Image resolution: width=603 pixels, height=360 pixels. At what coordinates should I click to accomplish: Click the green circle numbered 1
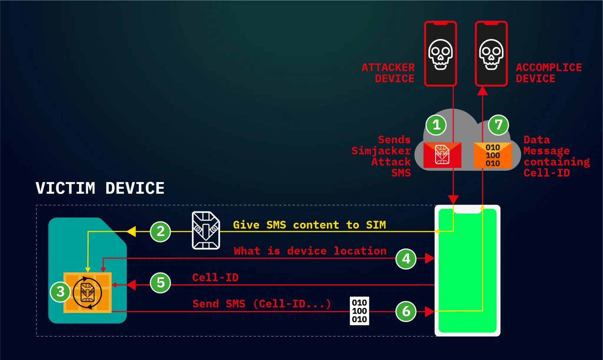click(436, 125)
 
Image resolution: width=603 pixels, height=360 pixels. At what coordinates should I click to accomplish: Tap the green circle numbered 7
click(498, 125)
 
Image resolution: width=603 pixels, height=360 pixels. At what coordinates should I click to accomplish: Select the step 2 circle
click(160, 232)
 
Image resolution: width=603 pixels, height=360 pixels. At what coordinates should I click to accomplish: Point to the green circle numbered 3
click(60, 292)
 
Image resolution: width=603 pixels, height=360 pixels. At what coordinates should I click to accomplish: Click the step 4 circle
click(406, 259)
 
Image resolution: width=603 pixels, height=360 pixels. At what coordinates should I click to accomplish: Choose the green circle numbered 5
click(160, 283)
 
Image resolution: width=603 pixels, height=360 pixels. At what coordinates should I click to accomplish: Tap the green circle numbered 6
click(406, 311)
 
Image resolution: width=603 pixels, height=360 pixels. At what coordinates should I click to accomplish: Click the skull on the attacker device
click(440, 54)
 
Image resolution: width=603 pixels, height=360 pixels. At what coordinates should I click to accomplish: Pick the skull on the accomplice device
click(491, 54)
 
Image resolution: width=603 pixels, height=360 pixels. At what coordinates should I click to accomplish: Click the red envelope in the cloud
click(442, 155)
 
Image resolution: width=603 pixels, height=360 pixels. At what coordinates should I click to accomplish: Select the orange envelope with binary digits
click(493, 155)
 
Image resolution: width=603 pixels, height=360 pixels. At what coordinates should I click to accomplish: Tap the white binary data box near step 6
click(359, 311)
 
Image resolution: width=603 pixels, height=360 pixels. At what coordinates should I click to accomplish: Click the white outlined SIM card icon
click(206, 230)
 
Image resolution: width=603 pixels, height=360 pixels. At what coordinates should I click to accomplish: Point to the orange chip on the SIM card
click(87, 292)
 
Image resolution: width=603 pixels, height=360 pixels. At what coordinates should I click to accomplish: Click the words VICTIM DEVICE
click(100, 188)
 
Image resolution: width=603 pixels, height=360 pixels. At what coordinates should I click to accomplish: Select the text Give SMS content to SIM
click(309, 225)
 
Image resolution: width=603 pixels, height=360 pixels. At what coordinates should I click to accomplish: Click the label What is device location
click(310, 251)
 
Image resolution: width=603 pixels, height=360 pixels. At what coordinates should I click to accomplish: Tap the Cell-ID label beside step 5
click(215, 277)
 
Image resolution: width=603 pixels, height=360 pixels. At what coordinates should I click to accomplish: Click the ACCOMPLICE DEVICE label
click(548, 73)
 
